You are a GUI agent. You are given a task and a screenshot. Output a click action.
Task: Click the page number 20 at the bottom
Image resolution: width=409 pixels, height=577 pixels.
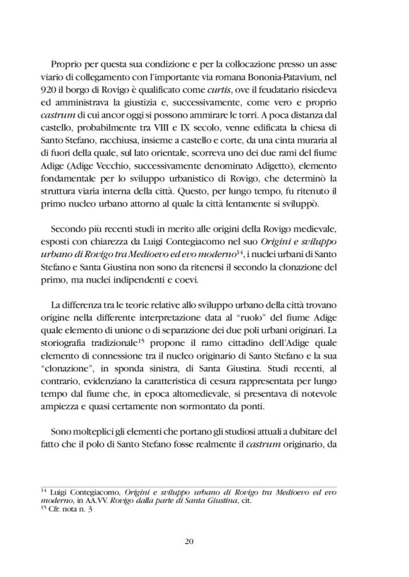[204, 540]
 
